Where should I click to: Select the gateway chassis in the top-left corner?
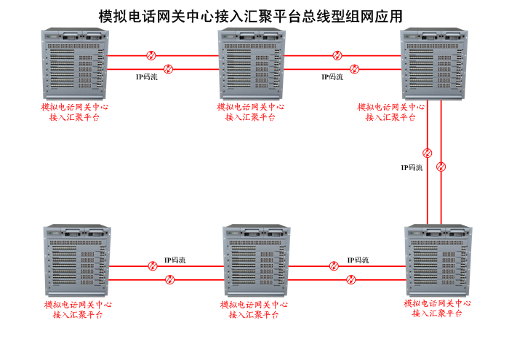coord(73,64)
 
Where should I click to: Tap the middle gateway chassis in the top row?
coord(251,64)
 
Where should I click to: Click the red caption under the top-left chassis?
coord(76,112)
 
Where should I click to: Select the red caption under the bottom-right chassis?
coord(437,308)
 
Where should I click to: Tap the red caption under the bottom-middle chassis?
coord(253,310)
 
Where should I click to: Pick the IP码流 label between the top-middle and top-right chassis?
coord(332,76)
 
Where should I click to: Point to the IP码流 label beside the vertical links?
coord(412,167)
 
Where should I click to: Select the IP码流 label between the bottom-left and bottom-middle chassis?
coord(175,260)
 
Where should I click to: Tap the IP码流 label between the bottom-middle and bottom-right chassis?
coord(358,260)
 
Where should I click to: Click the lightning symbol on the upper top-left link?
coord(151,55)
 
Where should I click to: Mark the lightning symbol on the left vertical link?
coord(428,153)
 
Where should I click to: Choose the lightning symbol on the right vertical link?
coord(441,167)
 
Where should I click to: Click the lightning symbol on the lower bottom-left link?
coord(169,279)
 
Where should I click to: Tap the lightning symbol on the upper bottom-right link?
coord(334,266)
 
